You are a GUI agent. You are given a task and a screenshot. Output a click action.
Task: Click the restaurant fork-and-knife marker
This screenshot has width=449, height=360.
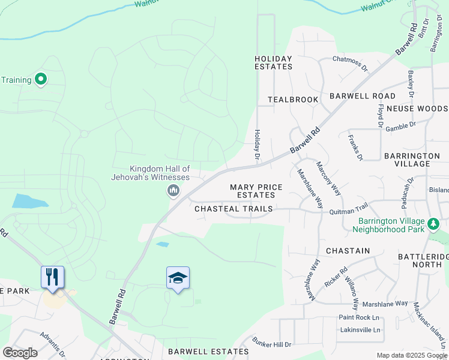52,277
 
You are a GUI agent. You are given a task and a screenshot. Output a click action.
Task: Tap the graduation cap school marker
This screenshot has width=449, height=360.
178,278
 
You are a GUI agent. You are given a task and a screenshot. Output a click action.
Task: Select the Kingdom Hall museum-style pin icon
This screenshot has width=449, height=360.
173,191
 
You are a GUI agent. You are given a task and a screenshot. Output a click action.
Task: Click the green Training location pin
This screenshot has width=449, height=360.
41,79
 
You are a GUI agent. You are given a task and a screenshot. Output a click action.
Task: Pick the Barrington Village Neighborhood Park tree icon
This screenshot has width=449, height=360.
433,224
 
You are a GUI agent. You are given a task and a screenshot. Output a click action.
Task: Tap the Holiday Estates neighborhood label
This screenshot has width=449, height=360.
273,62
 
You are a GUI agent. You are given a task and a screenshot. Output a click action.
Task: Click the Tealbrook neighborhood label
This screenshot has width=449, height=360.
293,99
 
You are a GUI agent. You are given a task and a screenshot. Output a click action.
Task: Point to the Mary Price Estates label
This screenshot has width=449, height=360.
256,191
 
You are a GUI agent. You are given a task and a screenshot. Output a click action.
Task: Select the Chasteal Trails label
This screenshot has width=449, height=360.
234,209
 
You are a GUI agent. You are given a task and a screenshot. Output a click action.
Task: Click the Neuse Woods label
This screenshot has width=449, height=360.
417,109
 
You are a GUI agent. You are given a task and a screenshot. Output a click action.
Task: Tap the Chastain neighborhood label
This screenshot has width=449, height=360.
348,250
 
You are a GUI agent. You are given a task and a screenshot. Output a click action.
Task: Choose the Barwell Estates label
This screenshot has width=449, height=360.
208,351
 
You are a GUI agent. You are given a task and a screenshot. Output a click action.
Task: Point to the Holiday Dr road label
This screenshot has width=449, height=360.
257,145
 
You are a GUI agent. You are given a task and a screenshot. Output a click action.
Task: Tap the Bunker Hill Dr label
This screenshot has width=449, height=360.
271,344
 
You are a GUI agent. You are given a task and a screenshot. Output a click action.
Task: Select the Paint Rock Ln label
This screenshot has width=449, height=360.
360,317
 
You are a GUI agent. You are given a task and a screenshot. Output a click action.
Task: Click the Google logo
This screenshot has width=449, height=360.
20,352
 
